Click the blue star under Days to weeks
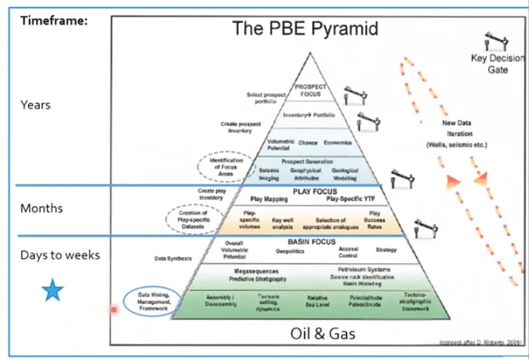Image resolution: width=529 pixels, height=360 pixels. pos(52,291)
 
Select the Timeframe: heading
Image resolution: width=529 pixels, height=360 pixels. pos(54,20)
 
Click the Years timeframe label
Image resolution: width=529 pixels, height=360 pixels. pos(35,105)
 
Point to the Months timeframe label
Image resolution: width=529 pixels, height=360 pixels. pos(41,208)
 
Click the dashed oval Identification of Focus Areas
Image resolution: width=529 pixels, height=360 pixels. pos(227,166)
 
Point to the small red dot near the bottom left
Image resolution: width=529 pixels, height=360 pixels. pos(114,310)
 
